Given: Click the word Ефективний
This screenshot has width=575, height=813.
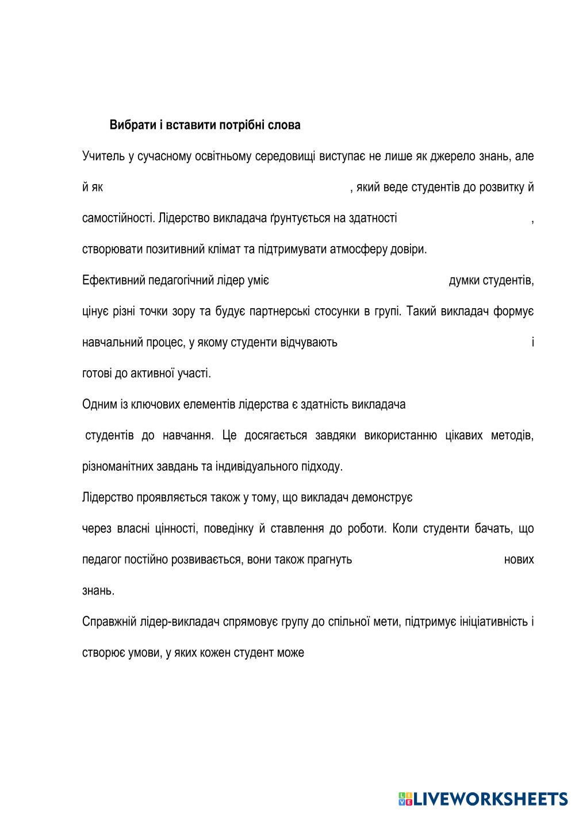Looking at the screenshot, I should (x=113, y=281).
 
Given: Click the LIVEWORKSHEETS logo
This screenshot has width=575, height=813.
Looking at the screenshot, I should (x=484, y=798).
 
